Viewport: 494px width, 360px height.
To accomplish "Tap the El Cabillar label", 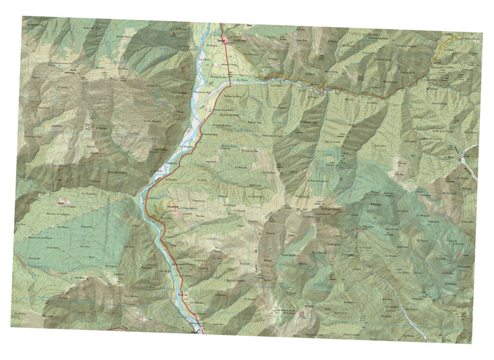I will (64, 88).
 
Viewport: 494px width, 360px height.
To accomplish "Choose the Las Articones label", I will (251, 54).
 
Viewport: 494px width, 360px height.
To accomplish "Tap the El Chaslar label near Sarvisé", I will (214, 46).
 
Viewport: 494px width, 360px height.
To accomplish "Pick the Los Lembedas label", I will (261, 197).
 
